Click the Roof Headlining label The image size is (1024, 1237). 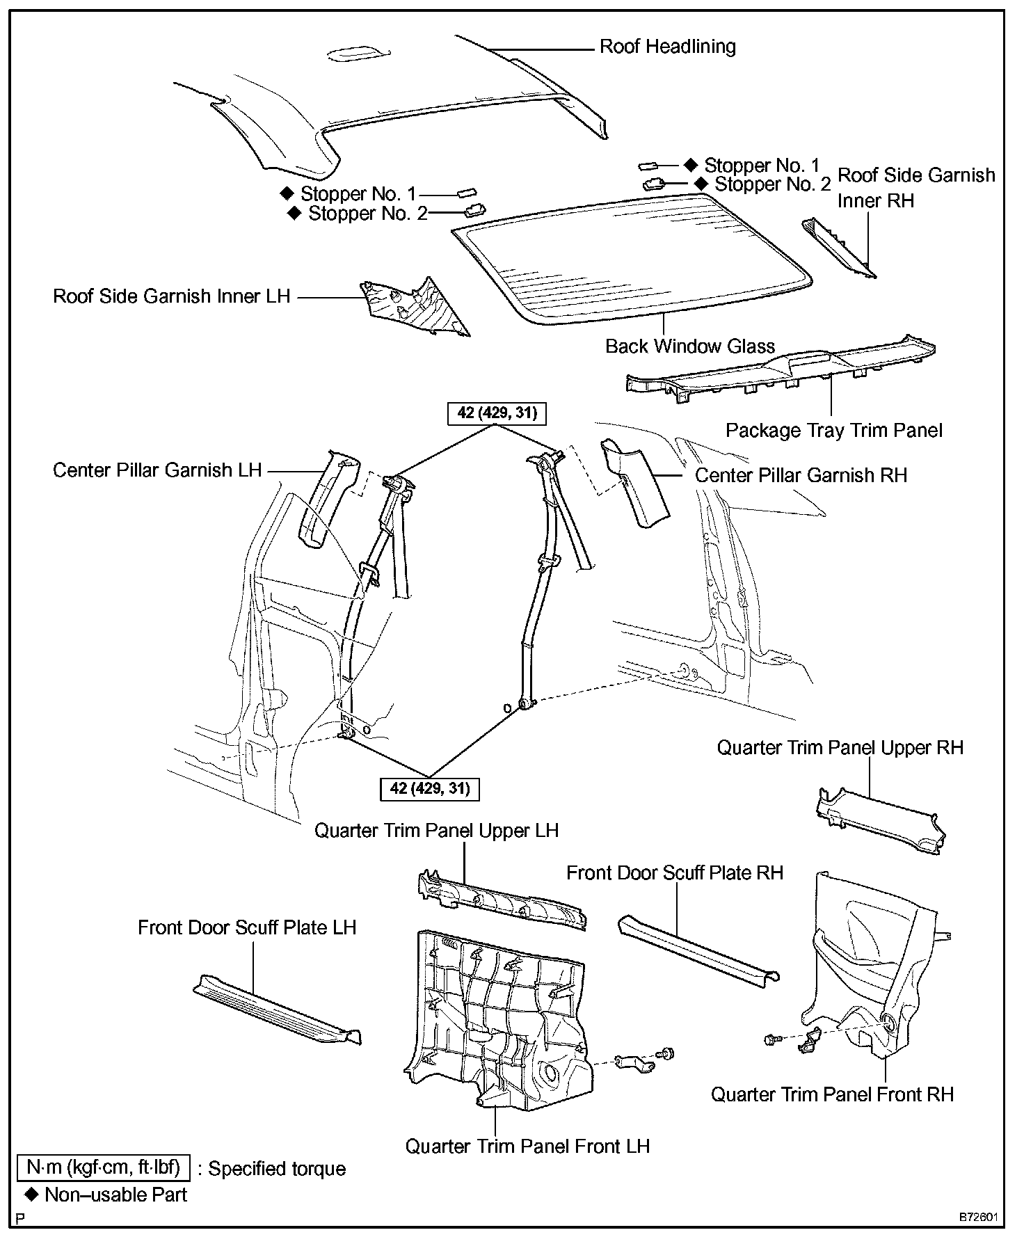coord(667,47)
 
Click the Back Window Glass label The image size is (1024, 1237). coord(689,346)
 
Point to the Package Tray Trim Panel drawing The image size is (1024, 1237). coord(779,369)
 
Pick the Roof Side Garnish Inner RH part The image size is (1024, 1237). coord(838,247)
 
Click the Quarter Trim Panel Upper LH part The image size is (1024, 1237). coord(501,901)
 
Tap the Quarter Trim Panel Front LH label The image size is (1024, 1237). coord(527,1146)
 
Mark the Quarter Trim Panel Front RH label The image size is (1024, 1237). coord(832,1094)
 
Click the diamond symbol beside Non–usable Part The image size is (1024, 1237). coord(31,1195)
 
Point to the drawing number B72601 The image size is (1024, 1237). coord(979,1218)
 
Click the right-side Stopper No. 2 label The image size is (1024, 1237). coord(772,184)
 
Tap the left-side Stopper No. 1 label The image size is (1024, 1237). coord(358,193)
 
